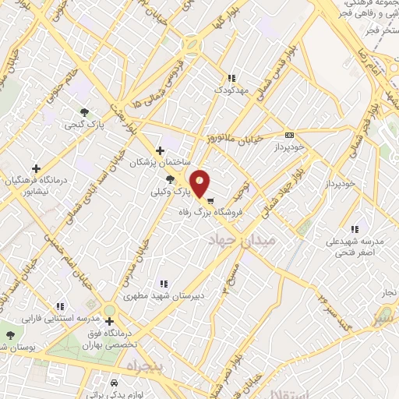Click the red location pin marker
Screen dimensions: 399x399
pos(200,182)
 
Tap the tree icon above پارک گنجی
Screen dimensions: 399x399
pos(83,111)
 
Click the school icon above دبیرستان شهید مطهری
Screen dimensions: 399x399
pos(163,284)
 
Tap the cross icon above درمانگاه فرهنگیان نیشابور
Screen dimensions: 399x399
pos(36,168)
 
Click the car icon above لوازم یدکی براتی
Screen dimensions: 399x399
pos(114,383)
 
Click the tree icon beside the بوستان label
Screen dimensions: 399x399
pos(9,335)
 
